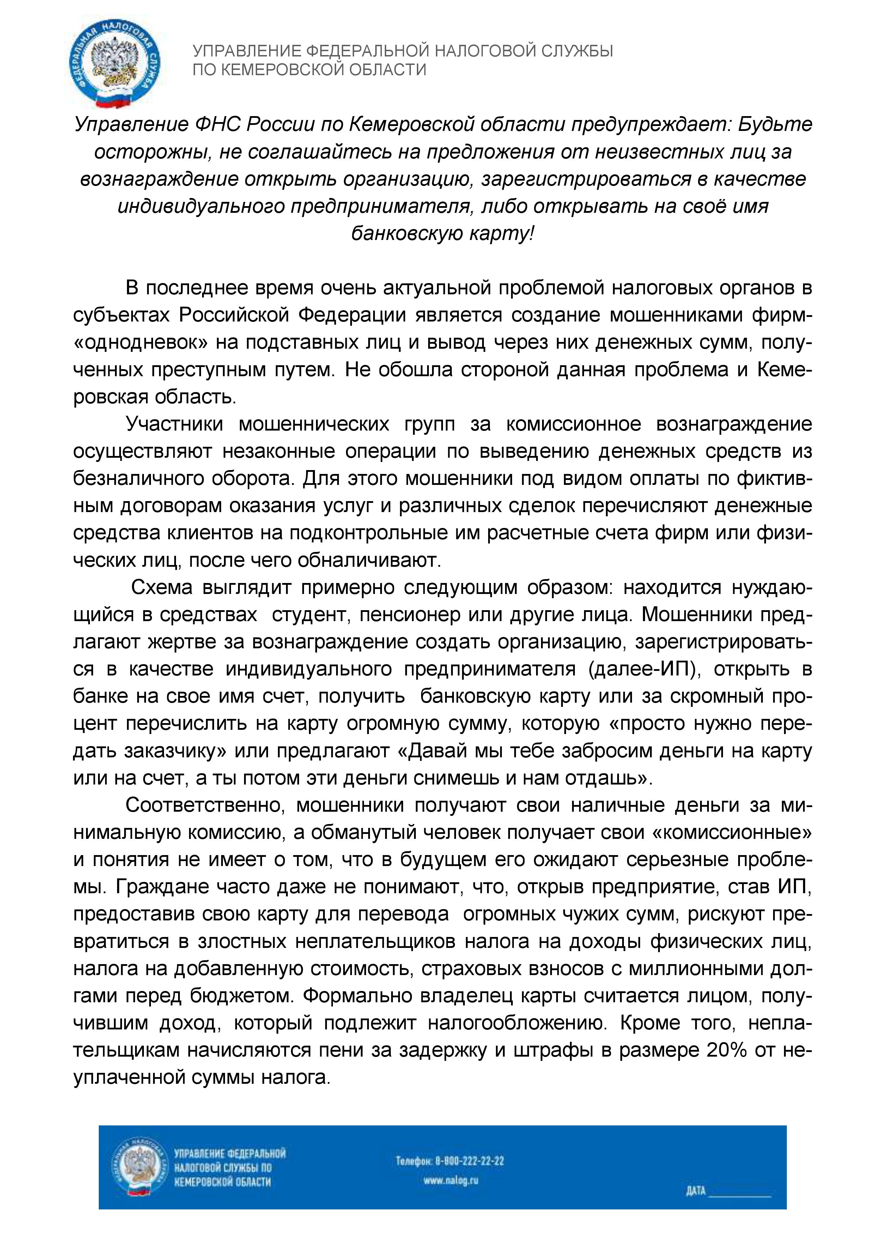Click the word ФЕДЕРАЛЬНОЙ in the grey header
(x=367, y=52)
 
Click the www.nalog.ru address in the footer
(x=451, y=1181)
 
